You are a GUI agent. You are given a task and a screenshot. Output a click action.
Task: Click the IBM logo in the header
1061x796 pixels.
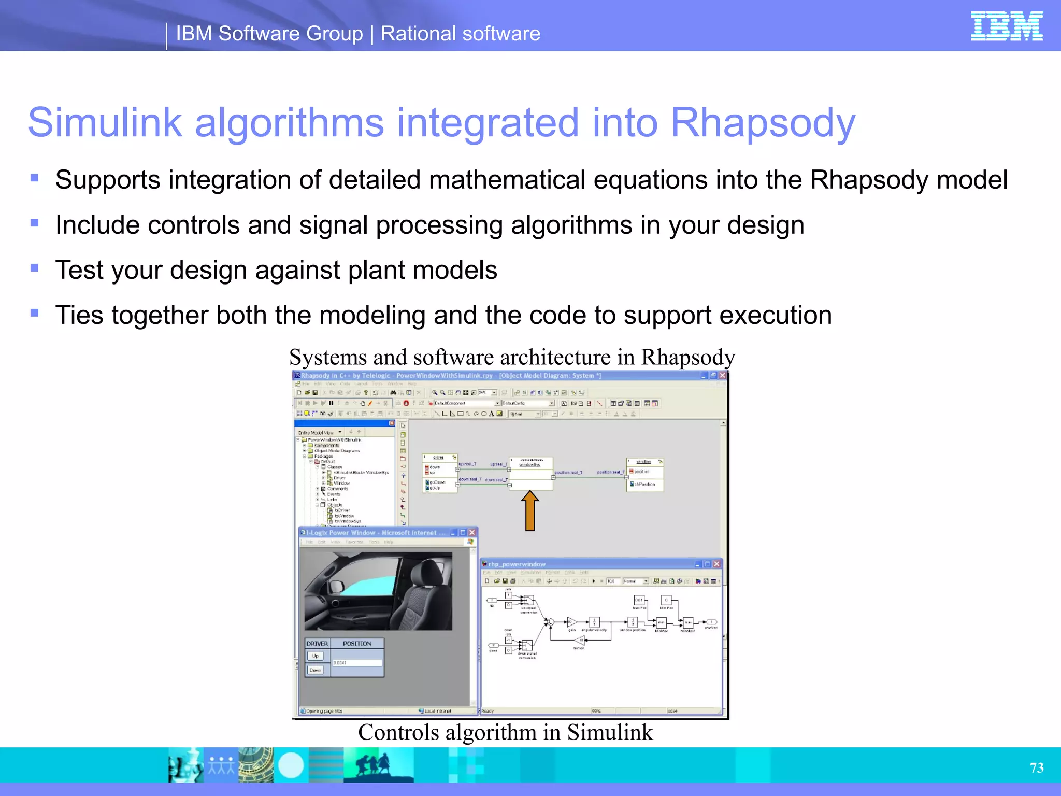[1006, 26]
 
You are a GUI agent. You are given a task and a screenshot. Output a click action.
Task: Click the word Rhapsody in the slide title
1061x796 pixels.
[763, 123]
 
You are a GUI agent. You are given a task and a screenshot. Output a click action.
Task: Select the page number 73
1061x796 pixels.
[1036, 767]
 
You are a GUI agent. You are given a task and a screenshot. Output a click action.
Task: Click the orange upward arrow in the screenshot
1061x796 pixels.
[529, 511]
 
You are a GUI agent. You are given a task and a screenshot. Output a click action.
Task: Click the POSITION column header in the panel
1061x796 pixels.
[357, 644]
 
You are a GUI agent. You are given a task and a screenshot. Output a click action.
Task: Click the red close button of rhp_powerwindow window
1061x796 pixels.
[717, 564]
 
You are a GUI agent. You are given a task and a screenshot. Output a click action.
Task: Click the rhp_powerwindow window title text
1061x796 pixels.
[517, 564]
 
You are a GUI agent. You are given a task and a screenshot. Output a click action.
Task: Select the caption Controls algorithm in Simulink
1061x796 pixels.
[505, 732]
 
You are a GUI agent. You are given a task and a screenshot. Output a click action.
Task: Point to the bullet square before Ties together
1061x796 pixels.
[35, 313]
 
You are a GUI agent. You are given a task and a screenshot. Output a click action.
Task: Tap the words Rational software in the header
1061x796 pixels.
[460, 34]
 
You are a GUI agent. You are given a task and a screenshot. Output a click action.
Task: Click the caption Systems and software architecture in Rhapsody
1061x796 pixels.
[511, 357]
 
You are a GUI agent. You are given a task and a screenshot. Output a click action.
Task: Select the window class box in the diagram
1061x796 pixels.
[644, 474]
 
